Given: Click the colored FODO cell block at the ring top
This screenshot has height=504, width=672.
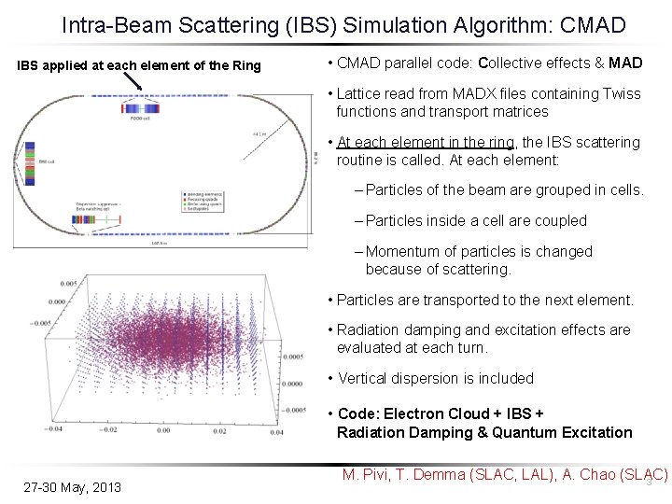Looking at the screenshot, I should [139, 108].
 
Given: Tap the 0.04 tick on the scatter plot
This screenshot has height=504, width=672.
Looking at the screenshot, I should [275, 433].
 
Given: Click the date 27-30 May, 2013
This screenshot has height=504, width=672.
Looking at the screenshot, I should [72, 486].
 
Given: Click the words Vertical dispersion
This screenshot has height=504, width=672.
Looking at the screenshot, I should [393, 378].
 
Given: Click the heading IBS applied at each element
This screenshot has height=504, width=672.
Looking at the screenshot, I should [140, 65].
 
